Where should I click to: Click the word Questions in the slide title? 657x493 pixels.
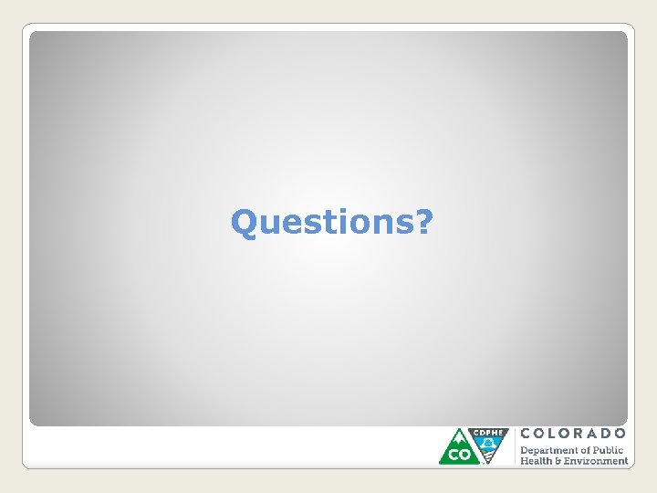pyautogui.click(x=322, y=222)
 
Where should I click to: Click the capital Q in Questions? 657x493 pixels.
pyautogui.click(x=245, y=222)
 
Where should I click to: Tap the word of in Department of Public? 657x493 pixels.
pyautogui.click(x=585, y=450)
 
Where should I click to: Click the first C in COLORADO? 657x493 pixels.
pyautogui.click(x=526, y=433)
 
